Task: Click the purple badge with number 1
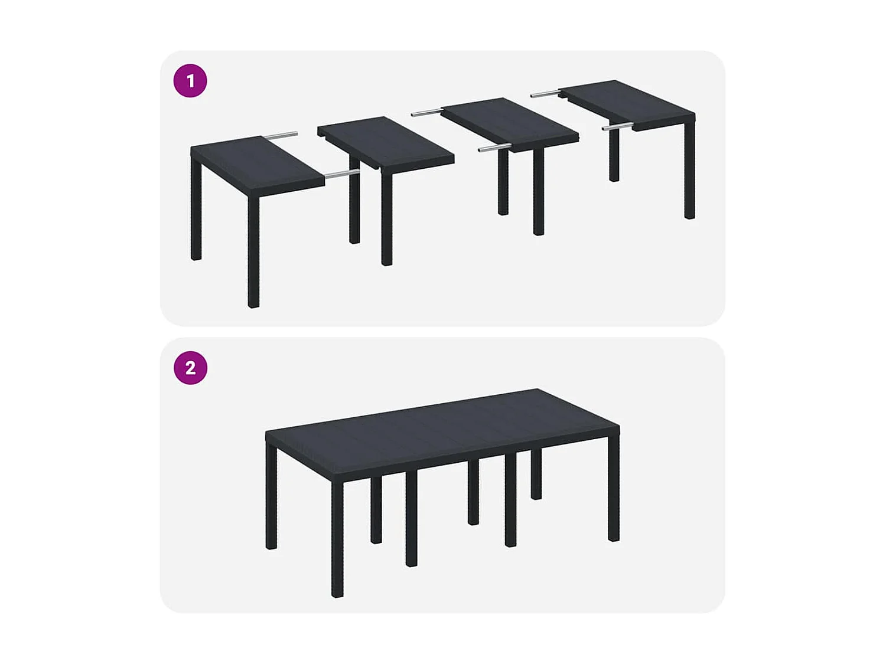190,81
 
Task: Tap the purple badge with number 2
190,368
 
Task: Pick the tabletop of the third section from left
509,123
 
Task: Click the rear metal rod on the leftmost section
281,136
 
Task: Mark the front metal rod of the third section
494,148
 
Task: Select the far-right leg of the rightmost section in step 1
689,171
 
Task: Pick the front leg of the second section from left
387,218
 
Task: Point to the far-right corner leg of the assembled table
614,487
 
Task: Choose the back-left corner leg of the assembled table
271,496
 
